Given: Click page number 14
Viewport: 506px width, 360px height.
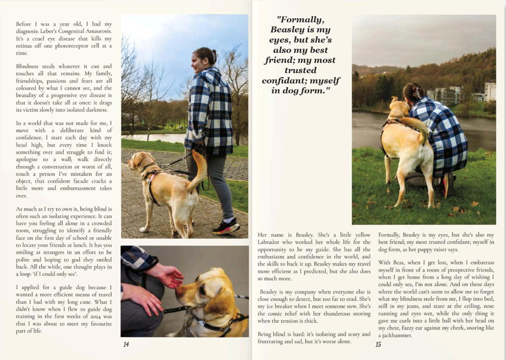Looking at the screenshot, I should [x=126, y=344].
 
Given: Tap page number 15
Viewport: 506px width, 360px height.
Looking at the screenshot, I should [x=378, y=344].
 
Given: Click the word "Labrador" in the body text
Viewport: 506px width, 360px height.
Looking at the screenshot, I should [x=268, y=242].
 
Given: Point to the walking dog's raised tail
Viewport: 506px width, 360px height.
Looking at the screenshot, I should [x=199, y=167].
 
